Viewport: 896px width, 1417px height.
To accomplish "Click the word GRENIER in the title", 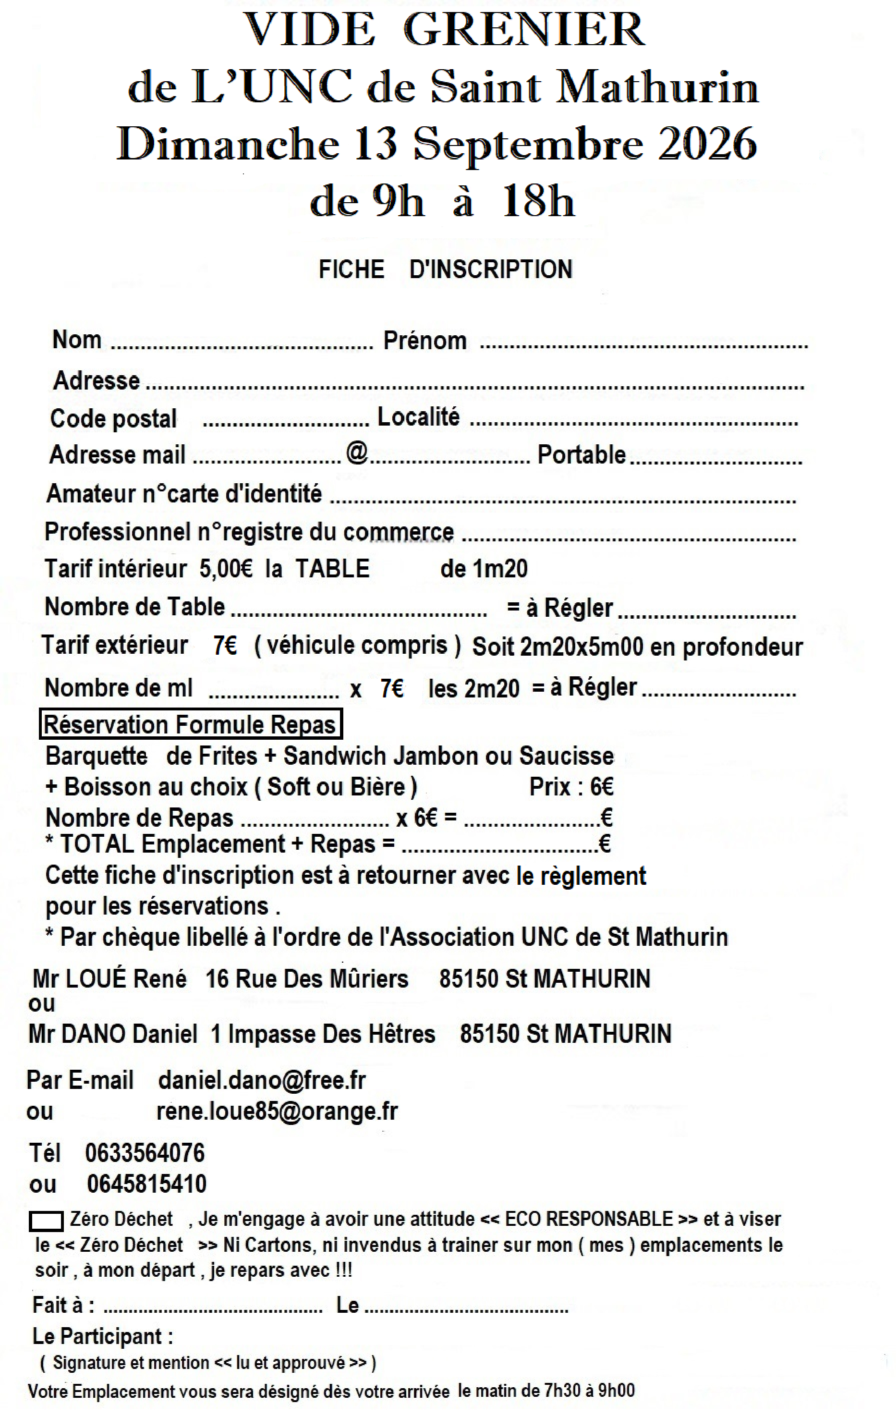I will pyautogui.click(x=524, y=31).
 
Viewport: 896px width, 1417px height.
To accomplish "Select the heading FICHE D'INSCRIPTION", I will pyautogui.click(x=445, y=269).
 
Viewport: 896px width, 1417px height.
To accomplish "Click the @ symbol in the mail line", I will pyautogui.click(x=356, y=452).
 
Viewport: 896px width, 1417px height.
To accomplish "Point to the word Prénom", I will pyautogui.click(x=425, y=341).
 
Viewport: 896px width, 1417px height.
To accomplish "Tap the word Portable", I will pyautogui.click(x=581, y=455).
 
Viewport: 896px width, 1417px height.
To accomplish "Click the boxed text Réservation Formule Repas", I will pyautogui.click(x=190, y=724).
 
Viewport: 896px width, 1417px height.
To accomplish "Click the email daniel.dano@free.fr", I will pyautogui.click(x=262, y=1080).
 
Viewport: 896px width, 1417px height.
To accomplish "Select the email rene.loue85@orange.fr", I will pyautogui.click(x=277, y=1111).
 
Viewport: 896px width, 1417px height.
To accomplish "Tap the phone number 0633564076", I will pyautogui.click(x=145, y=1153).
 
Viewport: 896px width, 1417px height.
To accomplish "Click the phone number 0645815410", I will pyautogui.click(x=146, y=1184).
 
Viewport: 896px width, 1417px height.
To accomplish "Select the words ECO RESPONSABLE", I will pyautogui.click(x=588, y=1219).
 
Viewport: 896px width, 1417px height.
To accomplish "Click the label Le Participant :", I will pyautogui.click(x=103, y=1336).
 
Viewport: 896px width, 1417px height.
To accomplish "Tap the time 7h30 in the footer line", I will pyautogui.click(x=562, y=1391).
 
